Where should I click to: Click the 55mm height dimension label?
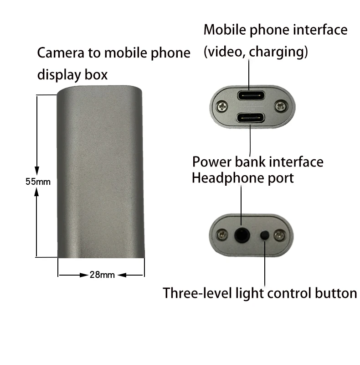pos(37,182)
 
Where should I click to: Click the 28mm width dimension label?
pos(102,275)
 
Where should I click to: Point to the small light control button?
pos(264,236)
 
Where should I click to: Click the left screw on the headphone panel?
pos(222,235)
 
